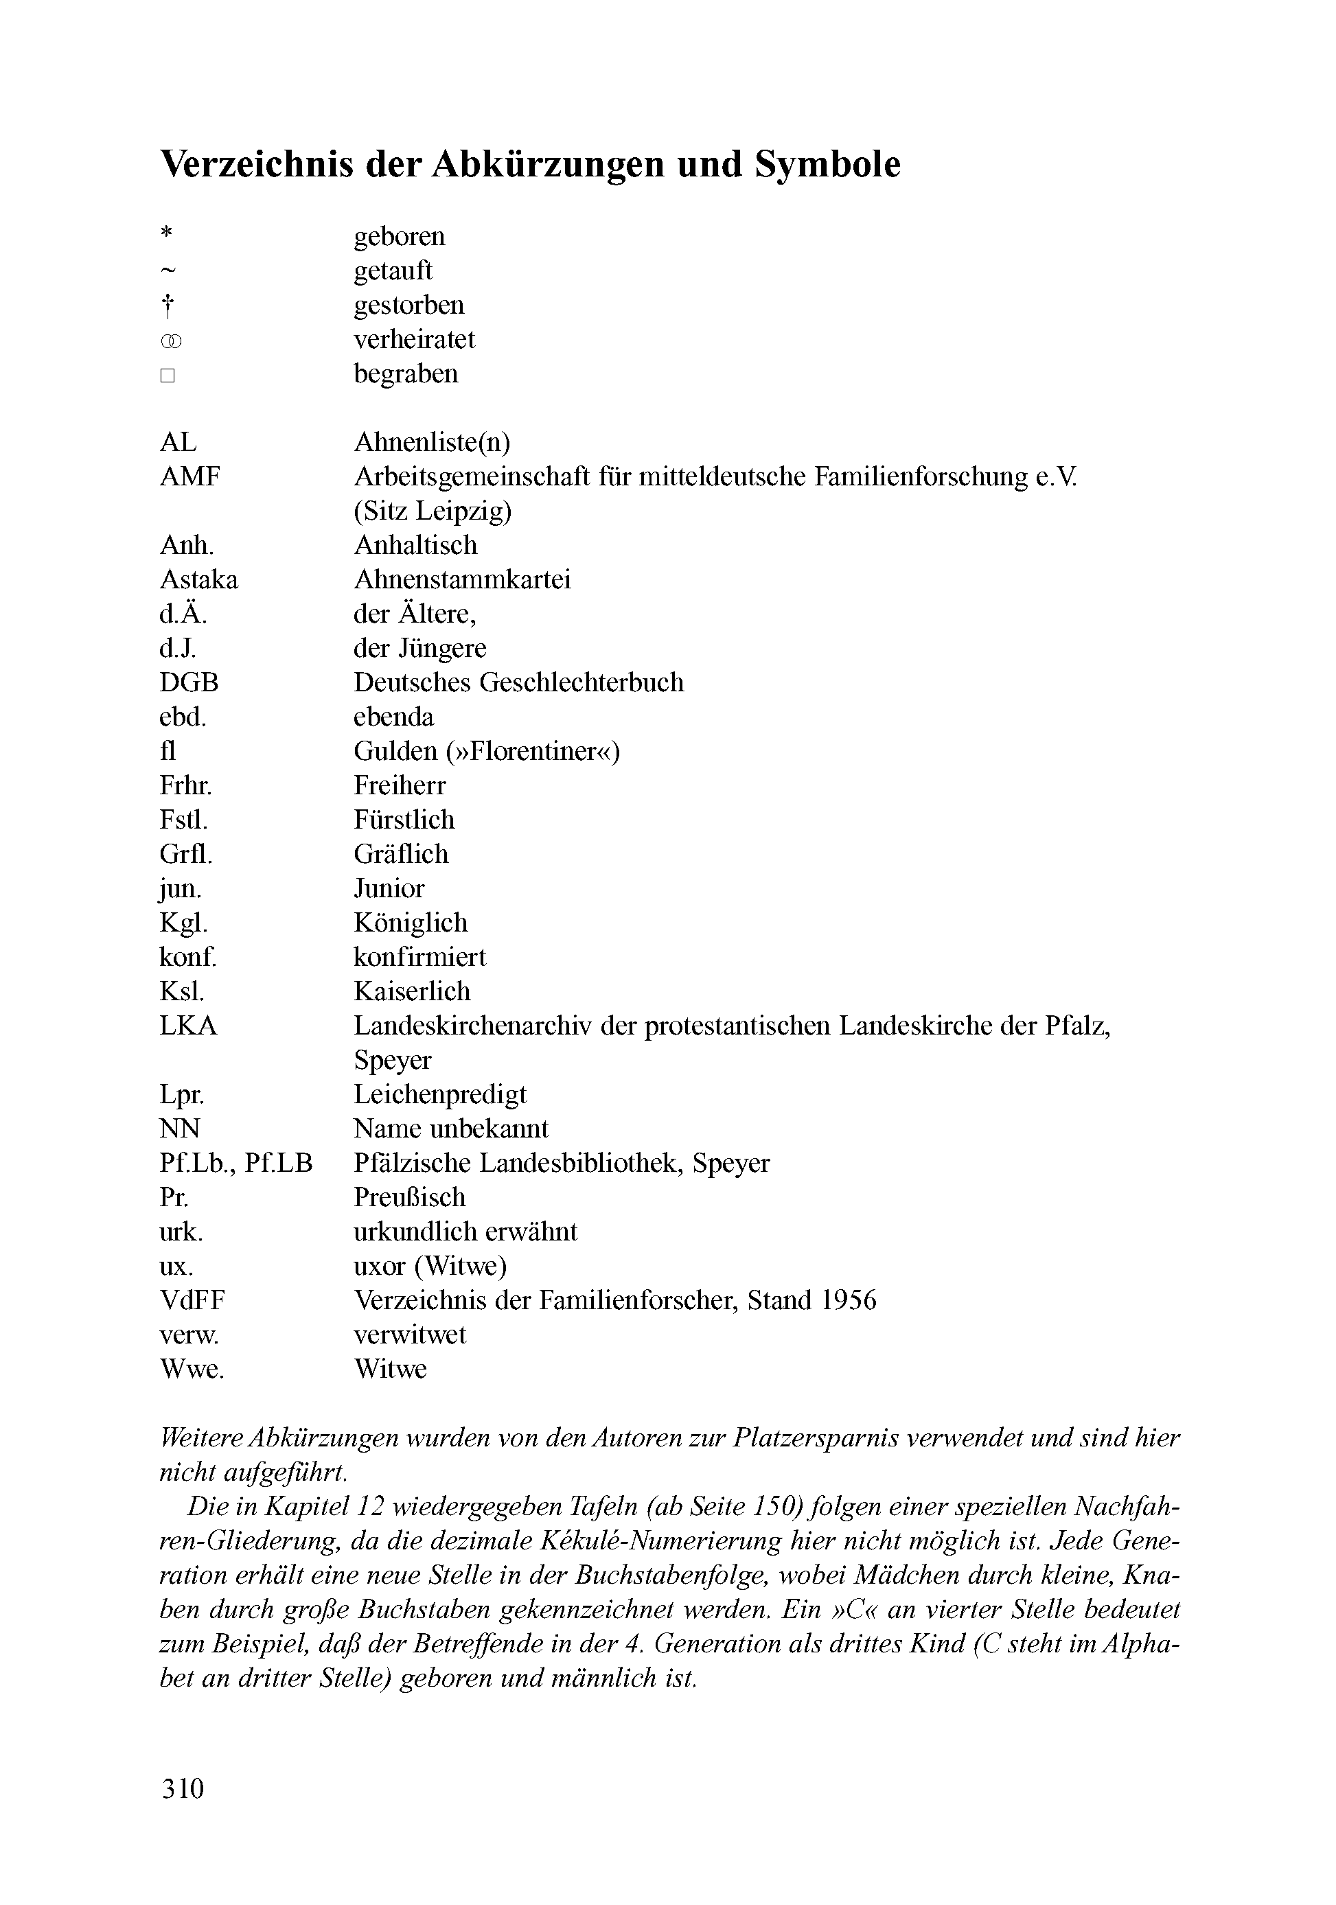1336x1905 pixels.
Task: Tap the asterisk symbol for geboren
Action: click(167, 233)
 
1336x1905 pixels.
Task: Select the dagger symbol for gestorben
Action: click(168, 307)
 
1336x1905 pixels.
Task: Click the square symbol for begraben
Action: click(168, 376)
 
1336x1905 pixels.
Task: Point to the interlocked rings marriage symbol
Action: click(170, 341)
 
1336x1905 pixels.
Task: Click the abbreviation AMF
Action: click(190, 477)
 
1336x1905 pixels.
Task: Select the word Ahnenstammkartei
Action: click(462, 579)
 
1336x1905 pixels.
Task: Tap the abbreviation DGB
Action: click(189, 682)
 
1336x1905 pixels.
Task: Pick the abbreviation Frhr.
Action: click(185, 785)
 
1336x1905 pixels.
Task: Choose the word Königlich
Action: click(411, 923)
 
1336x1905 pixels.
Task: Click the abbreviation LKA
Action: click(188, 1026)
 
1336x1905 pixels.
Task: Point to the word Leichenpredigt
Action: click(440, 1094)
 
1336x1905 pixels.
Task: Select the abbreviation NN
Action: click(179, 1129)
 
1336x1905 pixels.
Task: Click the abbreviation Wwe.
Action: click(192, 1369)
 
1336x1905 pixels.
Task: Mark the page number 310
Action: click(183, 1812)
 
